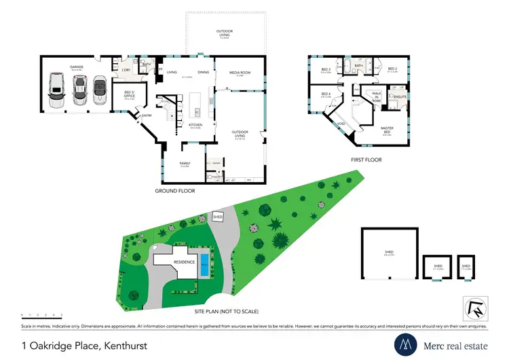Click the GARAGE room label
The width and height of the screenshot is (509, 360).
click(x=75, y=67)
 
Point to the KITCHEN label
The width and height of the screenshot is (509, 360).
click(x=195, y=125)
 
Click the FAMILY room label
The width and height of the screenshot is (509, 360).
click(x=185, y=163)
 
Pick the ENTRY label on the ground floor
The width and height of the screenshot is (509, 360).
click(x=147, y=115)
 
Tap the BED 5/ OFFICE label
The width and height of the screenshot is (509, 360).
click(x=129, y=95)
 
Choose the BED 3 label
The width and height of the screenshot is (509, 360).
click(x=326, y=69)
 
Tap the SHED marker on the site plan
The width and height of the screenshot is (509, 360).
click(x=217, y=216)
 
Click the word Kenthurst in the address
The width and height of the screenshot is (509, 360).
click(x=126, y=346)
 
